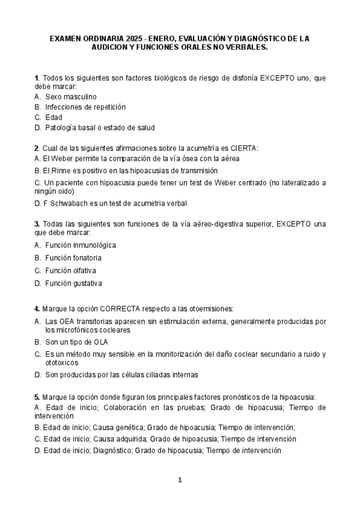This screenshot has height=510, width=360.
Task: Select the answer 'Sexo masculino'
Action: coord(70,96)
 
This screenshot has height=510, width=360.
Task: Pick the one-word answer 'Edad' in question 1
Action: coord(53,117)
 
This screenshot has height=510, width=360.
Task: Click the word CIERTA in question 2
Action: coord(244,148)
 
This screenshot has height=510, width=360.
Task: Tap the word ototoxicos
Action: coord(63,363)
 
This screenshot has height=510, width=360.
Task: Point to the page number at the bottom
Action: coord(180,480)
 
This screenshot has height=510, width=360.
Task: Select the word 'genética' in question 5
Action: coord(124,428)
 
